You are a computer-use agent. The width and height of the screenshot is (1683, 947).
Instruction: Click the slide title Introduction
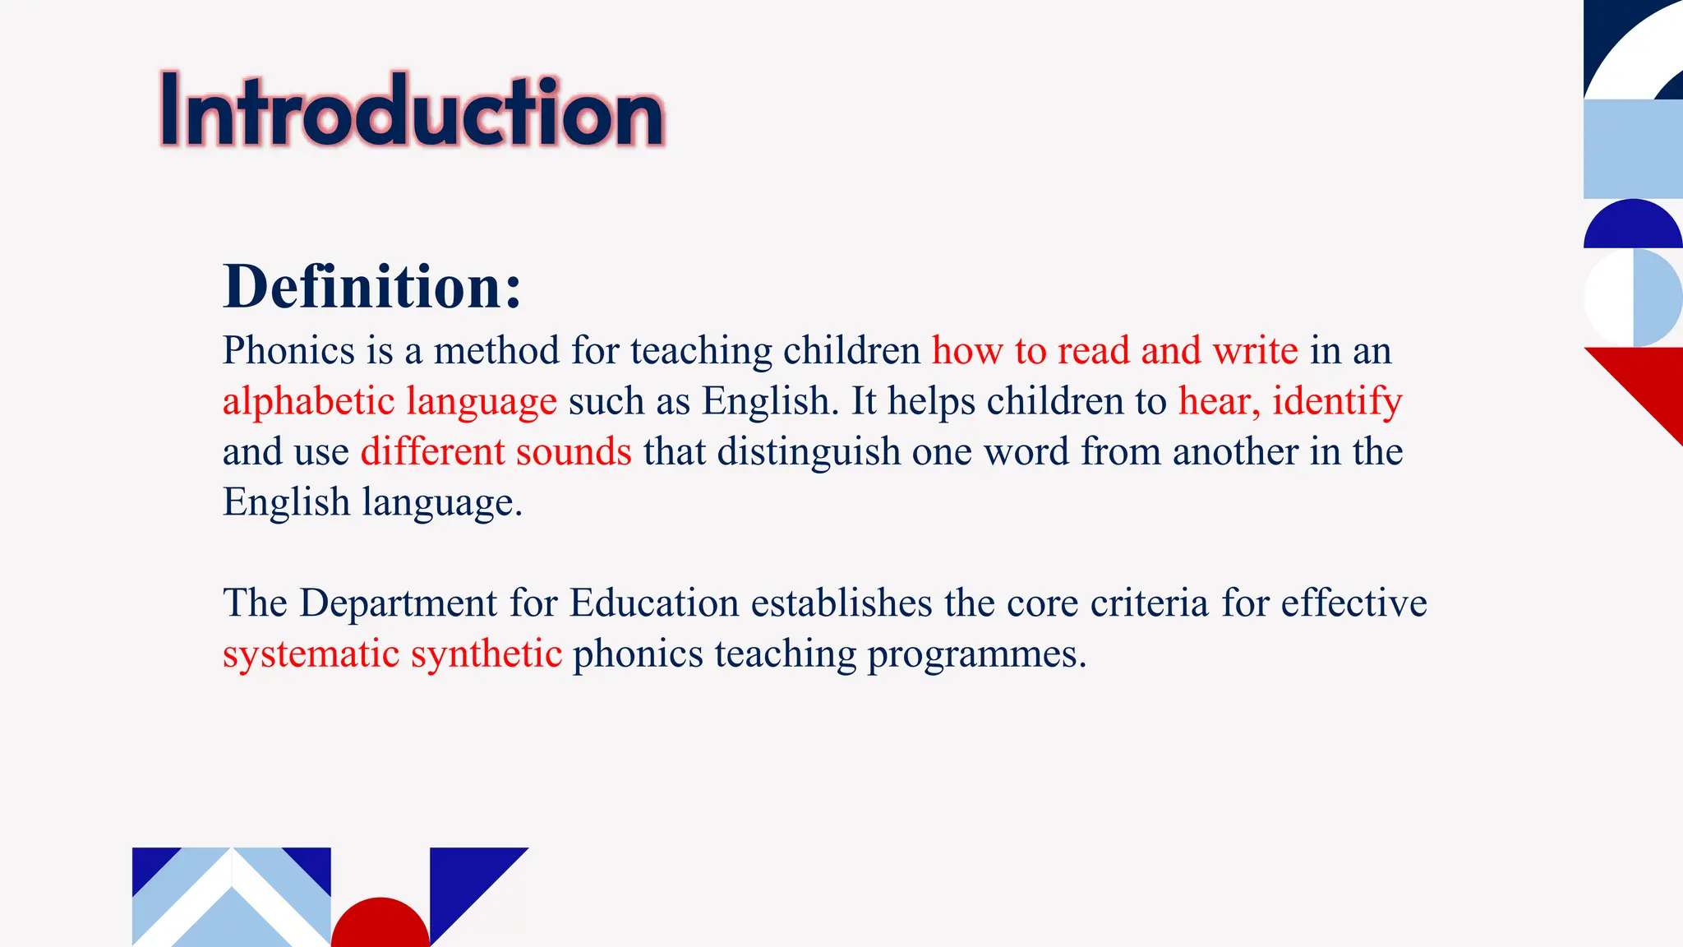coord(412,111)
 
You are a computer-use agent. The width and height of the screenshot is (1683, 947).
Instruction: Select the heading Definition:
coord(372,287)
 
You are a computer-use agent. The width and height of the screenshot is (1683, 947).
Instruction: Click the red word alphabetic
coord(309,402)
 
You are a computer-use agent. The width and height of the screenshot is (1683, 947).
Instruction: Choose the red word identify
coord(1337,402)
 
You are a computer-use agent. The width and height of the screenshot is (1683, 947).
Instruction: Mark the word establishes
coord(841,603)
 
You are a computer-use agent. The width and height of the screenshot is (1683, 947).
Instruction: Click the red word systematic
coord(311,654)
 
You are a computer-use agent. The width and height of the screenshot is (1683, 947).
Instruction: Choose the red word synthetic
coord(486,655)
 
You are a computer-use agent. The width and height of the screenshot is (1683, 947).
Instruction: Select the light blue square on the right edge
coord(1633,149)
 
